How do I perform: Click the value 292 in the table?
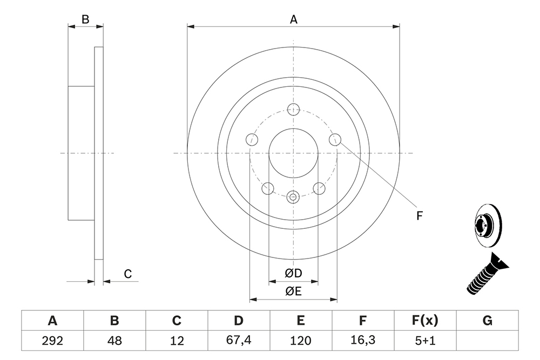[52, 341]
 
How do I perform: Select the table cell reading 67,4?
[239, 341]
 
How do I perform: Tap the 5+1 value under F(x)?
[425, 341]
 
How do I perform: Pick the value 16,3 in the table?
[363, 341]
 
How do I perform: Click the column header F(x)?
[425, 321]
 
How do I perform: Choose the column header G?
[487, 321]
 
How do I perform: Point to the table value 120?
[301, 341]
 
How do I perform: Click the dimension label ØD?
[293, 273]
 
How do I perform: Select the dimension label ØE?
[293, 291]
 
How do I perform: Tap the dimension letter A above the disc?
[293, 19]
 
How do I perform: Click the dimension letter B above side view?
[85, 19]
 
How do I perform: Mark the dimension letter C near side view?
[128, 274]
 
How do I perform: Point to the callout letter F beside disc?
[419, 216]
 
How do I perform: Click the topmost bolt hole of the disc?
[293, 109]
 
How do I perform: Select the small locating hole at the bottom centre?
[293, 197]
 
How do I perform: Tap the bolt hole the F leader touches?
[335, 139]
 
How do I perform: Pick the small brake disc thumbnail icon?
[488, 226]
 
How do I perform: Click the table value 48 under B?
[114, 341]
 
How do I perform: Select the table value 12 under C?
[177, 341]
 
